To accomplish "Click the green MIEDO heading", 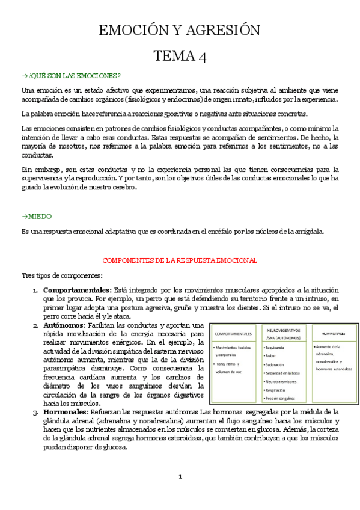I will pos(37,215).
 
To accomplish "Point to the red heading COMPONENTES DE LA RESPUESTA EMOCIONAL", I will pos(180,260).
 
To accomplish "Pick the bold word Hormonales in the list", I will pos(66,412).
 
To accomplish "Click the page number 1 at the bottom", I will pos(180,476).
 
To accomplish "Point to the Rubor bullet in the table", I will pos(272,355).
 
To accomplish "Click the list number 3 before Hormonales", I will pos(35,412).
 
